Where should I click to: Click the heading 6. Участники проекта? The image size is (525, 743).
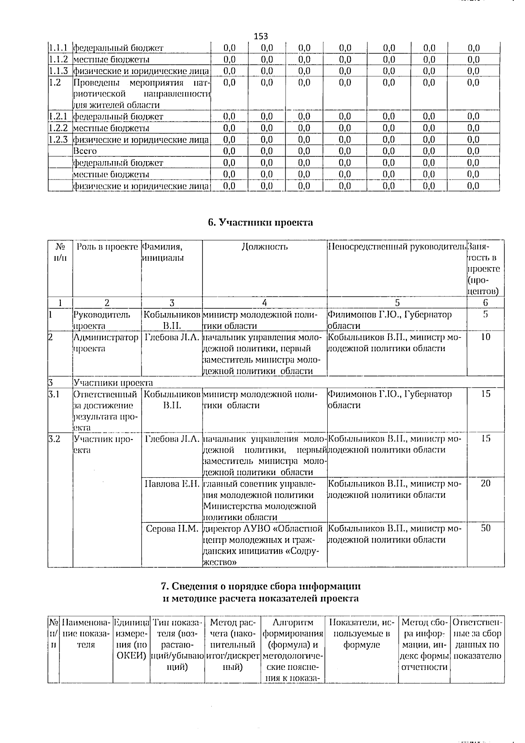click(x=260, y=222)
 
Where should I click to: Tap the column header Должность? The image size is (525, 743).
click(x=264, y=246)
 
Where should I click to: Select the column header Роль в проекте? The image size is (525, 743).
click(x=107, y=246)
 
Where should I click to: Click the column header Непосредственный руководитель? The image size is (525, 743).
click(x=397, y=246)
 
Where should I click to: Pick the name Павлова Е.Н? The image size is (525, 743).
click(x=172, y=484)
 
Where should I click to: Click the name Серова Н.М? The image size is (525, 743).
click(x=172, y=528)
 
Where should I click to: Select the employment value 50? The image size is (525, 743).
click(x=486, y=528)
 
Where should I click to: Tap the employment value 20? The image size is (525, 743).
click(x=486, y=483)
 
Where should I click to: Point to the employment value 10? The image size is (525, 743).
click(x=486, y=337)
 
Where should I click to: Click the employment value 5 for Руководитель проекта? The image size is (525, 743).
click(x=486, y=314)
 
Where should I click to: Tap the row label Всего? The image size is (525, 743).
click(x=85, y=151)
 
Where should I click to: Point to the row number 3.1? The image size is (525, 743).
click(x=54, y=394)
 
